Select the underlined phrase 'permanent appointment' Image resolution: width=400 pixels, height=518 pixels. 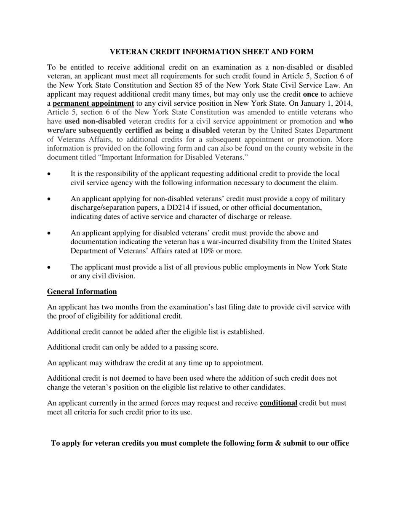[93, 103]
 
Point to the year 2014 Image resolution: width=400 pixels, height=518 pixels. [343, 103]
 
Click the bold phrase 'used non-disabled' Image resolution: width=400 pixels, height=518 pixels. [95, 121]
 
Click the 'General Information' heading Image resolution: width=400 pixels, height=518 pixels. [82, 291]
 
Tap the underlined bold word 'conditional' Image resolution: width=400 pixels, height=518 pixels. [278, 403]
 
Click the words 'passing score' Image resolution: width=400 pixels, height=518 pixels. [197, 347]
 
